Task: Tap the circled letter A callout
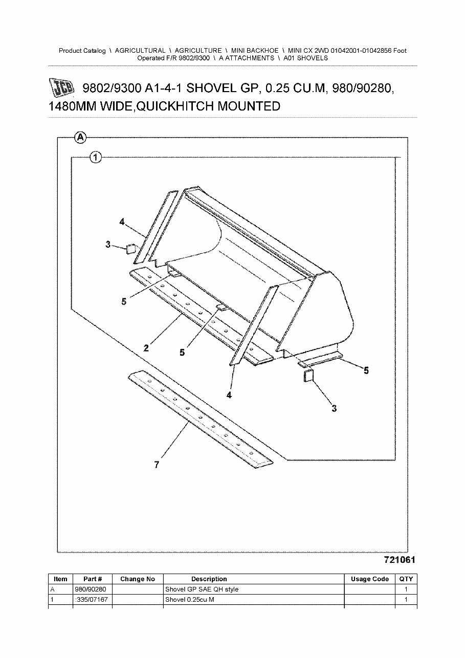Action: coord(80,137)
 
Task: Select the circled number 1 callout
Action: coord(96,158)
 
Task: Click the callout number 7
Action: coord(157,465)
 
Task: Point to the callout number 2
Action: coord(146,348)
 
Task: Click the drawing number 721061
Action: coord(399,560)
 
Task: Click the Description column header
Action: coord(209,579)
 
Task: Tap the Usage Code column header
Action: coord(369,579)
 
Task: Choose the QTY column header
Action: coord(406,579)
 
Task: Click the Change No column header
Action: coord(137,579)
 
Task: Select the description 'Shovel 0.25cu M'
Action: coord(189,599)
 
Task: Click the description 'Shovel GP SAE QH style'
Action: coord(202,589)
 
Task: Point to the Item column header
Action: coord(60,579)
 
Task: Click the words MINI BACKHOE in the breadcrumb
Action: coord(255,51)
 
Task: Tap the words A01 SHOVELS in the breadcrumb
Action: coord(305,58)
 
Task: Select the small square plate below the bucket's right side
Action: coord(308,377)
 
